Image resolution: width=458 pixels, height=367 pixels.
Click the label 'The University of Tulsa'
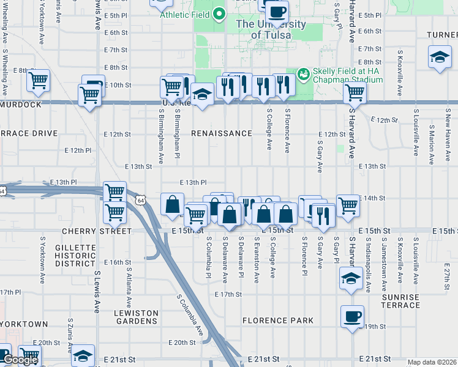pos(271,29)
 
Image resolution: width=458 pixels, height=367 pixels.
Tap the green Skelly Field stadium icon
pos(302,74)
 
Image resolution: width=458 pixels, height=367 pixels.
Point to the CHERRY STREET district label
pos(97,232)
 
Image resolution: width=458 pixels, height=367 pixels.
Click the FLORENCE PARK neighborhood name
pos(277,321)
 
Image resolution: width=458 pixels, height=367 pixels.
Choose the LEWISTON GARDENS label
pos(136,317)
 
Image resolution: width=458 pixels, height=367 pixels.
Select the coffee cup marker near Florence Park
pos(352,317)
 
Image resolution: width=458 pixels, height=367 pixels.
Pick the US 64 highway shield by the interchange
pos(141,200)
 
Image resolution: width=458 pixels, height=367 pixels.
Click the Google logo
pos(20,360)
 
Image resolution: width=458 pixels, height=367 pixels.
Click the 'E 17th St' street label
pos(228,294)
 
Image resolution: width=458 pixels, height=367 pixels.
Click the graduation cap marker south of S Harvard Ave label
pos(350,278)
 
